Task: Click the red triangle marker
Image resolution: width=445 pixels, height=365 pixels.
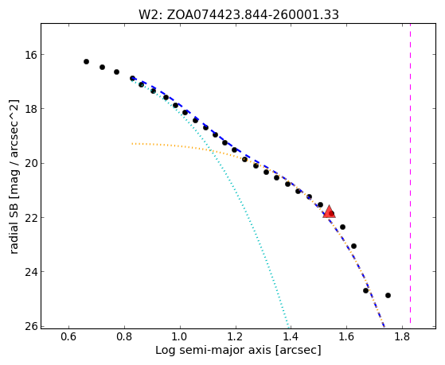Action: pos(330,212)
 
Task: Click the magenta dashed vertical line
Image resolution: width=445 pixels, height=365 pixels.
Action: pos(411,173)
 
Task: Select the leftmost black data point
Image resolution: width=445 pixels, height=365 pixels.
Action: pos(86,61)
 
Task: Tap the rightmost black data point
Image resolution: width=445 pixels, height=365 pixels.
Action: pos(388,295)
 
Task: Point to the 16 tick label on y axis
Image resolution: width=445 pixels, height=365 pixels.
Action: pos(30,54)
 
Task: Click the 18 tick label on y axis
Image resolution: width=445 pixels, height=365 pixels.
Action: pos(30,109)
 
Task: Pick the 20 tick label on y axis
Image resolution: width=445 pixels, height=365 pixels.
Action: pos(30,163)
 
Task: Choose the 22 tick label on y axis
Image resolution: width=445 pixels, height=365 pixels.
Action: pos(30,218)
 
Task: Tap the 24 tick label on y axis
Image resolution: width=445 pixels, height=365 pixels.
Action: pos(30,272)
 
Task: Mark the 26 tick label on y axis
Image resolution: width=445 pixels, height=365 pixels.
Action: pos(30,326)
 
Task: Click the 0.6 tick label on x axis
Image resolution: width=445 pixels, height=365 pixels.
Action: pos(68,336)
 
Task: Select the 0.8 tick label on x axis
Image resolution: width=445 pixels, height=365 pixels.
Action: pos(124,336)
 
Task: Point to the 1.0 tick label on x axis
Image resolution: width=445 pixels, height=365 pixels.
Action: pos(180,336)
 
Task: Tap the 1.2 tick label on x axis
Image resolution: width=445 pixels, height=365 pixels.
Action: pos(236,336)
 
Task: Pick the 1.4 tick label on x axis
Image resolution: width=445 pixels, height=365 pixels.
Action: pos(291,336)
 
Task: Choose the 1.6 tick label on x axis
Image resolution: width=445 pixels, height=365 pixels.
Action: pos(346,336)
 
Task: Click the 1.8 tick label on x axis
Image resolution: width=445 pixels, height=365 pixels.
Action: pos(402,336)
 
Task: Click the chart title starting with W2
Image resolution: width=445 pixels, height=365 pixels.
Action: pos(238,14)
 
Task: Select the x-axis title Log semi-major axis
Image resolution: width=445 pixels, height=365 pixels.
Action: pos(238,351)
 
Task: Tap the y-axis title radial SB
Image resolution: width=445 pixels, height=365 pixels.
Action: pos(14,177)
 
